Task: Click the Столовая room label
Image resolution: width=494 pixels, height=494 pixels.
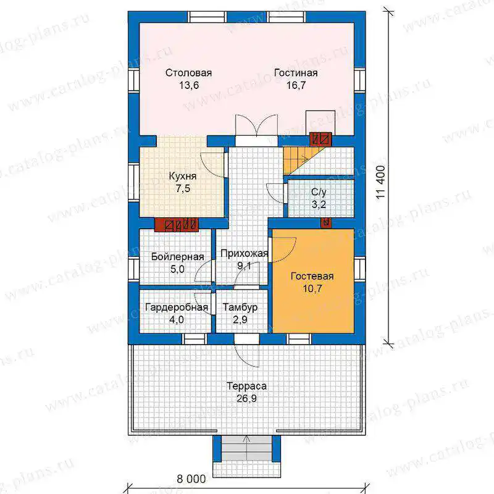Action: (x=188, y=73)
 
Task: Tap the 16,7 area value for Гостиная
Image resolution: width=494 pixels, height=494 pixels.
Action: (x=296, y=85)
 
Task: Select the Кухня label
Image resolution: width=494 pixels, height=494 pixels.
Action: (x=183, y=176)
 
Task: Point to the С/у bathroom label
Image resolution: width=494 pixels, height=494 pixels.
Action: (x=319, y=192)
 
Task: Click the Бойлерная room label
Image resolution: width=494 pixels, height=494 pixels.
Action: (x=177, y=257)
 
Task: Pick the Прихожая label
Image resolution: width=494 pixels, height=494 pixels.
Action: (x=244, y=253)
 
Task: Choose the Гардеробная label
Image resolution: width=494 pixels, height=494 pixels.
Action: (x=177, y=307)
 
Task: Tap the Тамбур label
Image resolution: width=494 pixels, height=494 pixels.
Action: (x=240, y=307)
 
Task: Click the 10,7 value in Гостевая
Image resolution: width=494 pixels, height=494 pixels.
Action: (x=312, y=288)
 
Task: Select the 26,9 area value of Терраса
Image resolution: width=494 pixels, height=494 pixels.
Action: (x=246, y=398)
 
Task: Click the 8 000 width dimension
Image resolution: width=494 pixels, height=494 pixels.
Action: (x=191, y=479)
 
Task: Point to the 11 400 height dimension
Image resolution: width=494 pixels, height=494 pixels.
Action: (x=381, y=182)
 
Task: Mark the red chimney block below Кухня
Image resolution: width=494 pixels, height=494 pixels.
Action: (x=176, y=225)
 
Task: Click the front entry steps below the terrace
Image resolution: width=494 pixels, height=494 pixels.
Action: (x=246, y=449)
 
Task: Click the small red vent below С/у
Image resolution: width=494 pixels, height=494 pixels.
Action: (x=326, y=222)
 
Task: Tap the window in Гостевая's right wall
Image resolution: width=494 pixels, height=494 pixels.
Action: (x=359, y=269)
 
